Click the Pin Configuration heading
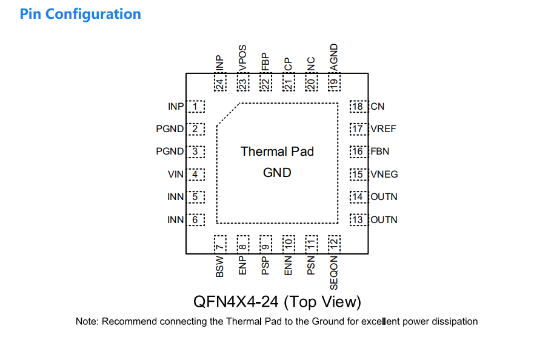point(80,14)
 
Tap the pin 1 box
point(195,107)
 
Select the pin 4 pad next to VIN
point(195,175)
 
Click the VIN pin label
point(176,175)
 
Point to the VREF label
point(383,129)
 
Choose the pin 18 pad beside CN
point(359,107)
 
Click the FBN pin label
point(380,152)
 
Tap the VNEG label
point(384,175)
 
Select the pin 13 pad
point(359,219)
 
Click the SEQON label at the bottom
point(334,273)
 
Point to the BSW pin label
point(220,267)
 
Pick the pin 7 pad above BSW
point(220,245)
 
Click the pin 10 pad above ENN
point(289,245)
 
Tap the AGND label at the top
point(334,57)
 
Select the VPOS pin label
point(242,58)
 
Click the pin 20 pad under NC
point(312,82)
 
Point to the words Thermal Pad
point(277,152)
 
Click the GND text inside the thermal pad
point(277,173)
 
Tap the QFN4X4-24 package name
point(236,302)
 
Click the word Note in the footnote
point(86,321)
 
